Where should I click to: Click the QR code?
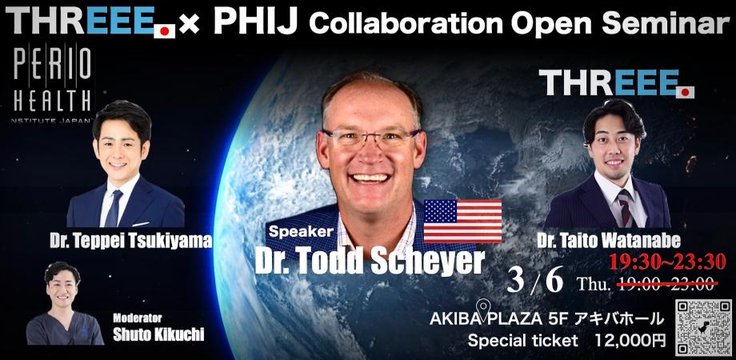pos(703,326)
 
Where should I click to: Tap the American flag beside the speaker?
pos(462,220)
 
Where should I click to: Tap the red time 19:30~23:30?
pos(666,261)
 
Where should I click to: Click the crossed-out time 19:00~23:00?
pos(666,284)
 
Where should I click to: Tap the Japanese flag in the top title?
pos(165,31)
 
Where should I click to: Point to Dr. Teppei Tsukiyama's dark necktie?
pos(113,207)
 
